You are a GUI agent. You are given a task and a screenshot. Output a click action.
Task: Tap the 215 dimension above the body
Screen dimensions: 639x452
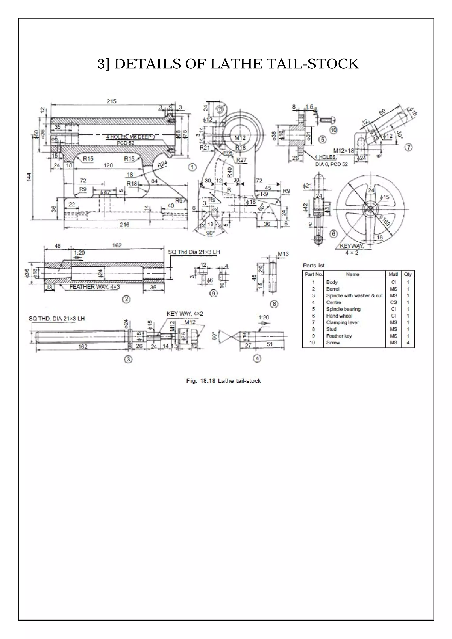(x=112, y=101)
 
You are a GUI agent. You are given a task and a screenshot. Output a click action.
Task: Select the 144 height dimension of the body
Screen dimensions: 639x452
(x=29, y=177)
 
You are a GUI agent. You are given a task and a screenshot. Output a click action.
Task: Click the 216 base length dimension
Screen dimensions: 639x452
(x=124, y=225)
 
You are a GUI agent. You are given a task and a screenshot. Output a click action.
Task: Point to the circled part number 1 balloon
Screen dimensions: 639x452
(x=192, y=167)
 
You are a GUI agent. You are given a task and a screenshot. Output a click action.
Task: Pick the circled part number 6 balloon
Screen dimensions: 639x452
(x=334, y=234)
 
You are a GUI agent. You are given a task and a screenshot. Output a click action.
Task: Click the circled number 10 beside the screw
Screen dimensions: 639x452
(x=333, y=130)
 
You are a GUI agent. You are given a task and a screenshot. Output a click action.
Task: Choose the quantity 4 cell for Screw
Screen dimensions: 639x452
(x=408, y=343)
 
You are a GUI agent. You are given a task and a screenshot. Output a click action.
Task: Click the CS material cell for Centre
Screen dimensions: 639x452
(x=393, y=303)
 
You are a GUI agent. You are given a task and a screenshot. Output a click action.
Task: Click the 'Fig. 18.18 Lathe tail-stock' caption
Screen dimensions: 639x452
(x=224, y=381)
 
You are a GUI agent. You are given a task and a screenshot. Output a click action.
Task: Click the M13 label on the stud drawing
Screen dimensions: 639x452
(x=283, y=254)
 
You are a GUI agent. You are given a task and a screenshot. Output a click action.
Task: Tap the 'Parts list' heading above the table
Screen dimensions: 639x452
(x=314, y=265)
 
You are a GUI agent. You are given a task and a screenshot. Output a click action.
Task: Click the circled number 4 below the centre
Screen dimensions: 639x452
(x=257, y=359)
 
